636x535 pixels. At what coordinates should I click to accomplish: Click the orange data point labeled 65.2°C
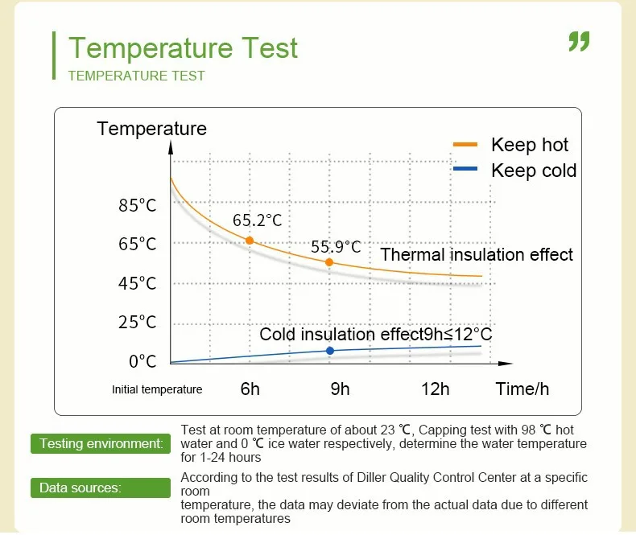tap(250, 241)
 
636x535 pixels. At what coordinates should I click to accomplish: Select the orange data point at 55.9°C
tap(329, 262)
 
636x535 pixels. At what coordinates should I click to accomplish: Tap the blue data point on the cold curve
tap(330, 351)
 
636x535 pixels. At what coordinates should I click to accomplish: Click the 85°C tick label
tap(137, 205)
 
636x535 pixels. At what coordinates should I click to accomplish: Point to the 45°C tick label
tap(137, 283)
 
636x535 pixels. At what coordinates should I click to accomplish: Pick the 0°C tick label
tap(142, 361)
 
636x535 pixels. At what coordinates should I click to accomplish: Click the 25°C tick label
tap(137, 323)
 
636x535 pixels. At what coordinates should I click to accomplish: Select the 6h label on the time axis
tap(250, 389)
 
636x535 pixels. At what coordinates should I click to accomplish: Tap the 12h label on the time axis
tap(436, 389)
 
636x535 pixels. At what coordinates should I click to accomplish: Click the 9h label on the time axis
tap(340, 389)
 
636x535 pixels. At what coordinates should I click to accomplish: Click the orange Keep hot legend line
tap(465, 144)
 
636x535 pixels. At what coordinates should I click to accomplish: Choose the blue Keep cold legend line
tap(465, 169)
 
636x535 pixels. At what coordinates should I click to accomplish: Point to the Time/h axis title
tap(522, 389)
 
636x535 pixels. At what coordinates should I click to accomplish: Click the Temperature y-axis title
tap(151, 129)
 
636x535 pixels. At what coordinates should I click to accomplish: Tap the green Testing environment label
tap(101, 443)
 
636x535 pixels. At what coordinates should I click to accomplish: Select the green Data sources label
tap(101, 488)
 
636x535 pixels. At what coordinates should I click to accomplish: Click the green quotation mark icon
tap(579, 41)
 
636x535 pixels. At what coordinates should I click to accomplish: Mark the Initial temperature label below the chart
tap(157, 389)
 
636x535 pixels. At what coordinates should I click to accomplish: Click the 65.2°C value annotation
tap(257, 220)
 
